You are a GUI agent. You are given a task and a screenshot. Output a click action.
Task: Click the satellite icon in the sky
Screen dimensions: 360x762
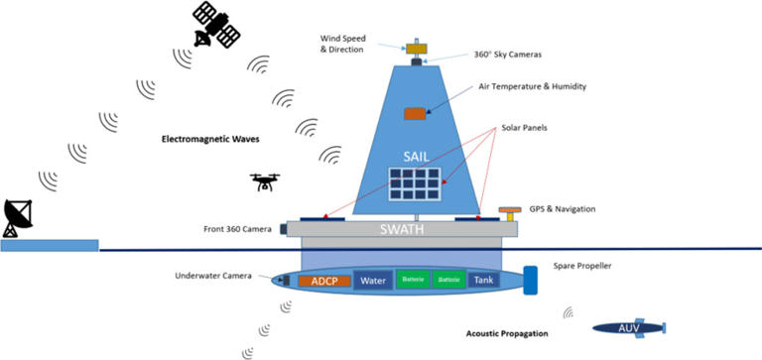tap(216, 25)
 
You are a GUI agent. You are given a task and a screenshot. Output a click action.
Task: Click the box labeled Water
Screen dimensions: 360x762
tap(373, 281)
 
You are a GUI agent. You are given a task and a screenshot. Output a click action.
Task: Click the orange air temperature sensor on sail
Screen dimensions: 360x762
tap(414, 114)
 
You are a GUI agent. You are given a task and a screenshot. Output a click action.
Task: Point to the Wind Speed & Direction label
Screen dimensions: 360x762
tap(342, 43)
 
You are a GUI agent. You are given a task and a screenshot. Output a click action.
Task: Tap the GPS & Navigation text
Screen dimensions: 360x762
tap(572, 211)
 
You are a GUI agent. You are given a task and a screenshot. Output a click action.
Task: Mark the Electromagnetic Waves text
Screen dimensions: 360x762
tap(210, 139)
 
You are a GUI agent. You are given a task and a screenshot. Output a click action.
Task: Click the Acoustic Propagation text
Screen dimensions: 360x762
tap(508, 334)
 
